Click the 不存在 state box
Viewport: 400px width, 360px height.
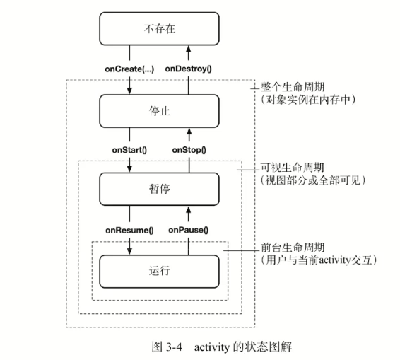(x=159, y=28)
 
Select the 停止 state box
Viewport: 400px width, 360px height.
(x=159, y=111)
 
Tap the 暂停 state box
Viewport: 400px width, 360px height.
(x=159, y=189)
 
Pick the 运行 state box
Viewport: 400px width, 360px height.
(x=159, y=271)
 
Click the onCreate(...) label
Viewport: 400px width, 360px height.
(x=129, y=69)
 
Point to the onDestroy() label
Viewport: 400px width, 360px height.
(x=188, y=69)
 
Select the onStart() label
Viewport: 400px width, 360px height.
(x=129, y=150)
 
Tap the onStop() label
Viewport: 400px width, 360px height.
(x=189, y=150)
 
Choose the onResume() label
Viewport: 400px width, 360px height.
(x=129, y=231)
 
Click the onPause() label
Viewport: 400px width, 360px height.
(x=188, y=231)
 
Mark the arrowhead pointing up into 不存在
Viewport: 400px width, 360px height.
(x=189, y=49)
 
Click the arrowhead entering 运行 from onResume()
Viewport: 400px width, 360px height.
(x=129, y=251)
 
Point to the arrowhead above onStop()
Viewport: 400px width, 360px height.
(x=189, y=132)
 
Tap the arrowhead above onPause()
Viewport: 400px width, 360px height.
(x=189, y=209)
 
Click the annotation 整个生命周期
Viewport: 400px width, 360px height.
(x=293, y=87)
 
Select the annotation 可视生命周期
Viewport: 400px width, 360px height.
(x=293, y=168)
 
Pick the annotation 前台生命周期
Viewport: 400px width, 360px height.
(x=293, y=248)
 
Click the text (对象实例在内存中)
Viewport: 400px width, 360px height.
(x=308, y=99)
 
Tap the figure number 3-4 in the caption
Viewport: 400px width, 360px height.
(x=175, y=347)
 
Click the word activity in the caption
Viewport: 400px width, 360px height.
(x=212, y=347)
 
